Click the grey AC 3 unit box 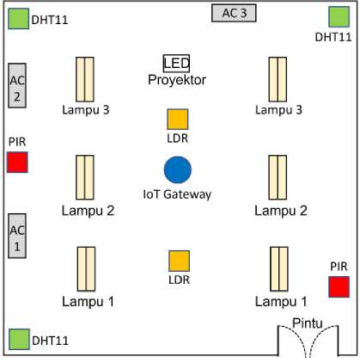coord(234,13)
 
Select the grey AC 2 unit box coord(17,85)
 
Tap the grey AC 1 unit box coord(17,236)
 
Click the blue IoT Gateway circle coord(178,169)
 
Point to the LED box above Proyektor coord(176,64)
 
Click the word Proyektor coord(177,80)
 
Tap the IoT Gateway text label coord(177,194)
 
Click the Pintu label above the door coord(308,323)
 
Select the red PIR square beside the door coord(339,286)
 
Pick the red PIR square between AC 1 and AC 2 coord(17,163)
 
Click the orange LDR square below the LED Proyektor coord(178,120)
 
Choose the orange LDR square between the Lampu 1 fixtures coord(179,261)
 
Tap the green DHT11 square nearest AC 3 coord(339,17)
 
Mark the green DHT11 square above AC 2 coord(19,19)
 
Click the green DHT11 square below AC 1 coord(19,339)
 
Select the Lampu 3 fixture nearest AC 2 coord(85,79)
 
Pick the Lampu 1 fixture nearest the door coord(279,269)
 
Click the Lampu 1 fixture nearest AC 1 coord(87,269)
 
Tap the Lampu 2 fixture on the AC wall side coord(85,177)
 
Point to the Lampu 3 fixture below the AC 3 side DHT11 coord(278,79)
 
